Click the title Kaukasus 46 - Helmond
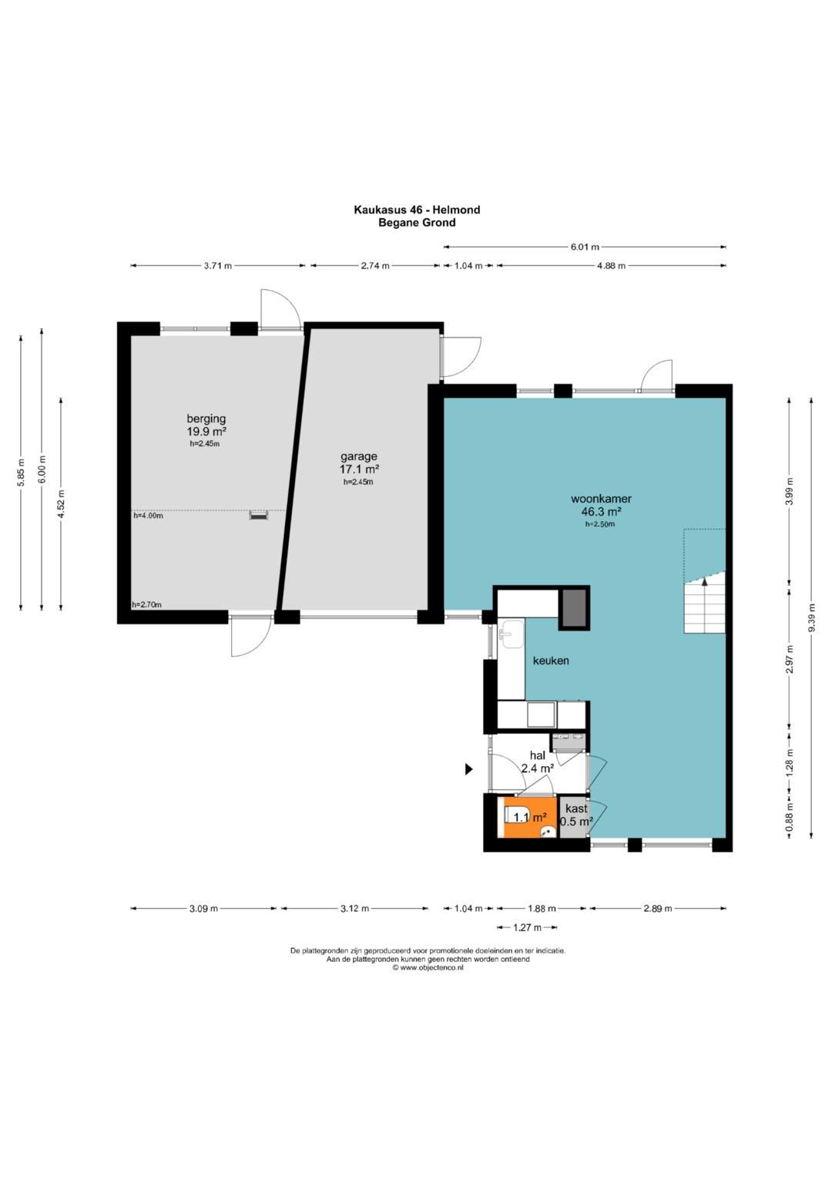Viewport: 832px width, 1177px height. (417, 210)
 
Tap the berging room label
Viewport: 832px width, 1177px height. (206, 419)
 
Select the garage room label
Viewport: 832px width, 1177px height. (359, 456)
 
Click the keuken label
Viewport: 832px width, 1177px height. (551, 661)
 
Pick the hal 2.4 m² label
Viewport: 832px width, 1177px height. (538, 762)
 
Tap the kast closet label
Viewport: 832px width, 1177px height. (576, 809)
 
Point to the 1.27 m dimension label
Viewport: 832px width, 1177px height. (527, 942)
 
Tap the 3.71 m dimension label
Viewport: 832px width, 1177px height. (217, 266)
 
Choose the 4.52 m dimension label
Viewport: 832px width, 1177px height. (62, 504)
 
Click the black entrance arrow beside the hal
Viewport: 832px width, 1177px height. (468, 769)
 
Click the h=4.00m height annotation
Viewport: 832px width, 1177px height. (148, 516)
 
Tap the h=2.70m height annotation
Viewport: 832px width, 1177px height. (147, 605)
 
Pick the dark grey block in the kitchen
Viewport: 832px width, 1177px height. (574, 608)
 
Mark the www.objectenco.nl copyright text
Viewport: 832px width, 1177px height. (428, 967)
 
